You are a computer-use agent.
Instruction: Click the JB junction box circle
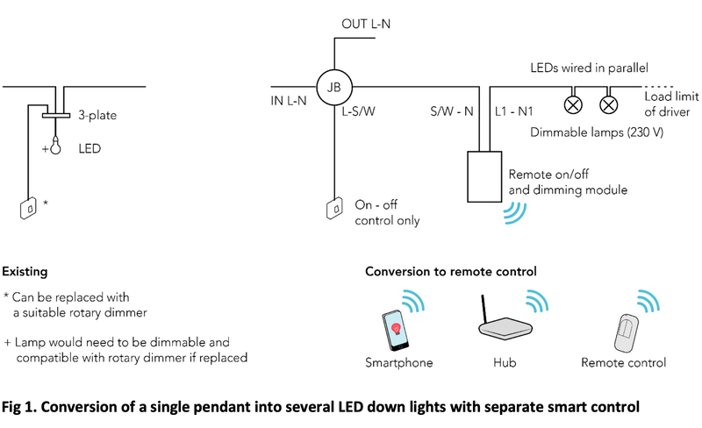[x=333, y=87]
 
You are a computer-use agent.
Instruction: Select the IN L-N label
[x=288, y=102]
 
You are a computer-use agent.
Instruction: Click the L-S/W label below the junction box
[x=359, y=111]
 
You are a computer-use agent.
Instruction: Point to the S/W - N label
[x=451, y=111]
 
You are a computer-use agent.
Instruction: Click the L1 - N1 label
[x=514, y=111]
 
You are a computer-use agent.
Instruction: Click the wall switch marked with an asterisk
[x=29, y=208]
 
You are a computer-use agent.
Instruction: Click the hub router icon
[x=504, y=327]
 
